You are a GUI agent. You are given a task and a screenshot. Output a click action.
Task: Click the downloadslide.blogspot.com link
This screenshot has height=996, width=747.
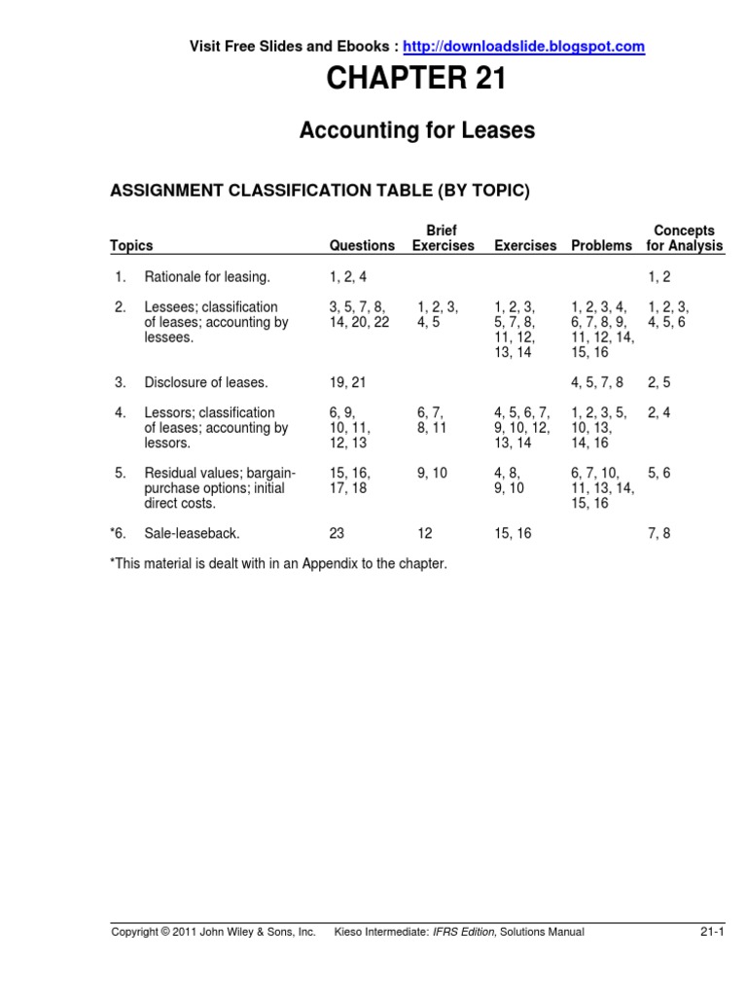coord(523,46)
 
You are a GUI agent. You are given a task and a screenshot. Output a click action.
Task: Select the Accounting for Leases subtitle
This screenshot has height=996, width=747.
coord(417,130)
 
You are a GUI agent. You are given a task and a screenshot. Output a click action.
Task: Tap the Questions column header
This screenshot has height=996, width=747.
coord(362,246)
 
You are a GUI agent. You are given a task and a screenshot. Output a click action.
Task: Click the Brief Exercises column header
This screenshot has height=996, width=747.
coord(443,238)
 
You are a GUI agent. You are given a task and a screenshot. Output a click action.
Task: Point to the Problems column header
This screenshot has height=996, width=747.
coord(601,246)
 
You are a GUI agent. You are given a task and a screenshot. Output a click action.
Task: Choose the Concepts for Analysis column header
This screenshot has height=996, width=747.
coord(685,238)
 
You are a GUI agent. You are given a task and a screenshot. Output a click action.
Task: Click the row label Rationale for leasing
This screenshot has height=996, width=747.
coord(207,277)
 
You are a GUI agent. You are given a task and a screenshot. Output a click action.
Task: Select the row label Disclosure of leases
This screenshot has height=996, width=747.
coord(206,382)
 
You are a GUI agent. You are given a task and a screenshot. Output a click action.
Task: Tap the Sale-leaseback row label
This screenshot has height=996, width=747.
coord(192,534)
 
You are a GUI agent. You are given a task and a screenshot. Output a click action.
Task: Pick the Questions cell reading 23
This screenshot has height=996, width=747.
coord(337,534)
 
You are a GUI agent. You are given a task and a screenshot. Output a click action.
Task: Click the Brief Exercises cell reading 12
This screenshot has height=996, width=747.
coord(425,534)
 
